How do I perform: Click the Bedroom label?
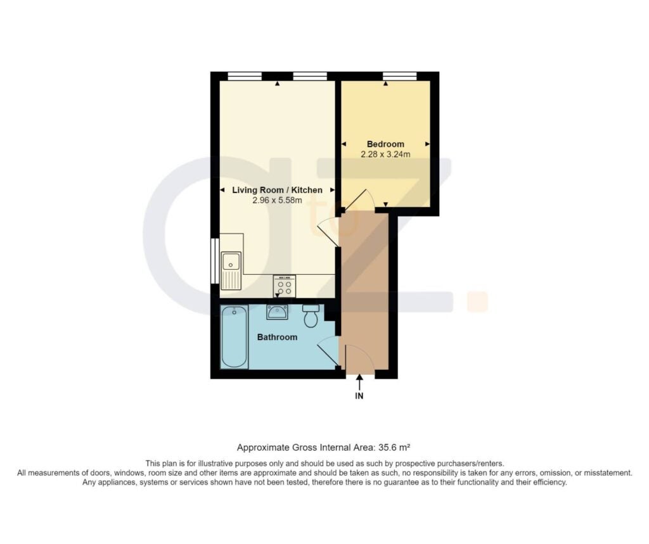click(385, 144)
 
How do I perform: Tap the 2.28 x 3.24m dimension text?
click(385, 155)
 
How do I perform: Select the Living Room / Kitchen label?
click(277, 190)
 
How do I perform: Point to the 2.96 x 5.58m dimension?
click(277, 201)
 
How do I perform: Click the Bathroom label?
click(277, 337)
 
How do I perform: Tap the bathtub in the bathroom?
click(234, 337)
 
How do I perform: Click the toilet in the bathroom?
click(311, 315)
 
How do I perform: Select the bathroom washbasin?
click(277, 312)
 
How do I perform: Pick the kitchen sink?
click(231, 270)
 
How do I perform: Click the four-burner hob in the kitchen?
click(284, 286)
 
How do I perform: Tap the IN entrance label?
click(359, 396)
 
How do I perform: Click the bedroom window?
click(399, 76)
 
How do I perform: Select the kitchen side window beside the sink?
click(214, 261)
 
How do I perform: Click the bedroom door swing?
click(359, 200)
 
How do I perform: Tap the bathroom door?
click(328, 351)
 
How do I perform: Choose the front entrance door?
click(359, 357)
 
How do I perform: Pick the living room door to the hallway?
click(328, 233)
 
